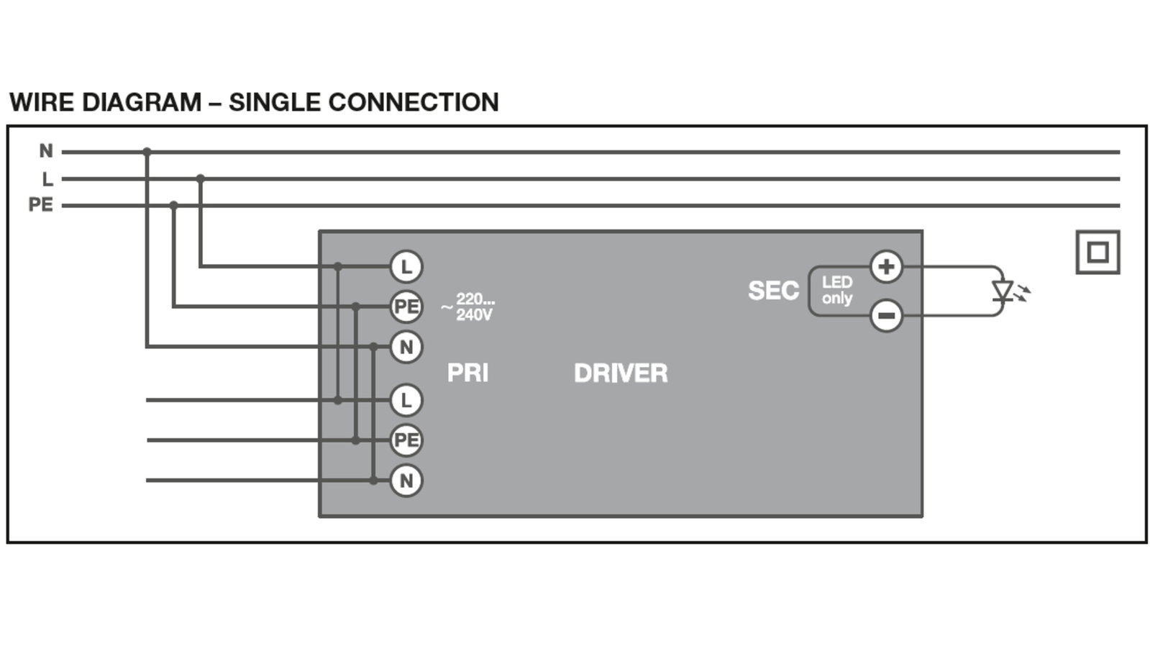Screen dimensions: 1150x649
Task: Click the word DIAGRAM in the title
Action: (142, 102)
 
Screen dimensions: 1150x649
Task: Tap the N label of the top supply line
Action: (46, 151)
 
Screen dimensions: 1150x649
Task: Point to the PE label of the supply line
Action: (40, 205)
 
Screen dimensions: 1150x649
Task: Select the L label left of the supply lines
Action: (47, 179)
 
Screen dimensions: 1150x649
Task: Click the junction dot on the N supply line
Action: (147, 152)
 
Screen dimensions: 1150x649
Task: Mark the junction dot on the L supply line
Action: (200, 178)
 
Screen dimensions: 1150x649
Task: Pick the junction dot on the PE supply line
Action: (173, 205)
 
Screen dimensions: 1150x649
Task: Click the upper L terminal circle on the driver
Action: (406, 266)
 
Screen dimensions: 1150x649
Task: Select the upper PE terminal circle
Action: (406, 307)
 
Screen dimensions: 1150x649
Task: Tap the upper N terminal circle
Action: (406, 347)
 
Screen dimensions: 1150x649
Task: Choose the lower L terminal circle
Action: (406, 400)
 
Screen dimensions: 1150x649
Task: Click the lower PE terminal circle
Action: (406, 440)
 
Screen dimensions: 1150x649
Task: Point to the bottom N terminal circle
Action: (406, 481)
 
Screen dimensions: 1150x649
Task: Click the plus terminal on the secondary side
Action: (886, 266)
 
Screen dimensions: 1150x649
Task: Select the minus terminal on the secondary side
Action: (886, 315)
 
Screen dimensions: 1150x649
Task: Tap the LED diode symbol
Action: (1002, 291)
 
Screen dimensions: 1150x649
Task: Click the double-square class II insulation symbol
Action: (1098, 252)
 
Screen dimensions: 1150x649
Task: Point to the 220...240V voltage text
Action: (467, 307)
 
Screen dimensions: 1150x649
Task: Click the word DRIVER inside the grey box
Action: (621, 373)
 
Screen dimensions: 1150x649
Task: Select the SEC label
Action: (774, 291)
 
